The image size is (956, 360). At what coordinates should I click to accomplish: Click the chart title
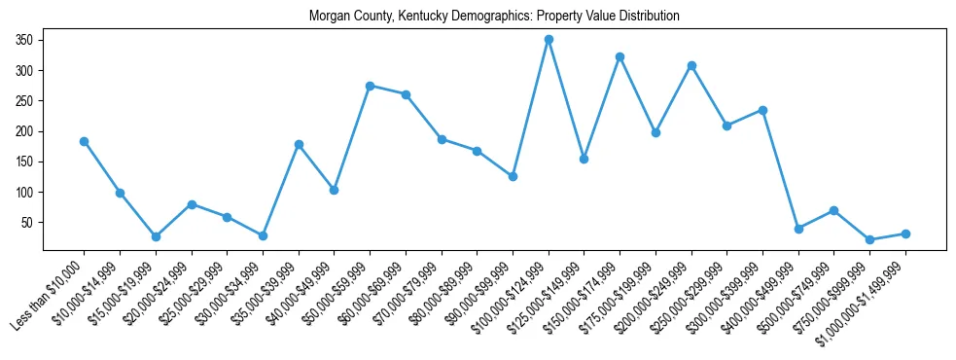tap(493, 17)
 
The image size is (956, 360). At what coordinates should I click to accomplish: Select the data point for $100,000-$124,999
tap(549, 40)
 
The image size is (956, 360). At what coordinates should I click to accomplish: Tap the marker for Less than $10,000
tap(84, 141)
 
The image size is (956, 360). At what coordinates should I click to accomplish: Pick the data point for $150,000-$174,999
tap(620, 57)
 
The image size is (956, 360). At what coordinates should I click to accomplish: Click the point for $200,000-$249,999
tap(691, 65)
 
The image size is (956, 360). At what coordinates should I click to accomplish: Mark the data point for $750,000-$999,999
tap(869, 239)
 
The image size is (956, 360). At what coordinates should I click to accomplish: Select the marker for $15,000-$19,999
tap(156, 236)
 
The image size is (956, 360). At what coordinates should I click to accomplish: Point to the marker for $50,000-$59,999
tap(370, 86)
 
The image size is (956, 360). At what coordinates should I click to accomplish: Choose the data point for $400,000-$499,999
tap(798, 229)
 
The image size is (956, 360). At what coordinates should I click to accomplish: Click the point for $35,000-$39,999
tap(299, 144)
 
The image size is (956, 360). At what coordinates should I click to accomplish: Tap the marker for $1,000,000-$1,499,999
tap(905, 234)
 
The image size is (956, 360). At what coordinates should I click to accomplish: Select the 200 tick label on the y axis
tap(24, 131)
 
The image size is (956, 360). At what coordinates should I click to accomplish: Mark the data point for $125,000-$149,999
tap(584, 159)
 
